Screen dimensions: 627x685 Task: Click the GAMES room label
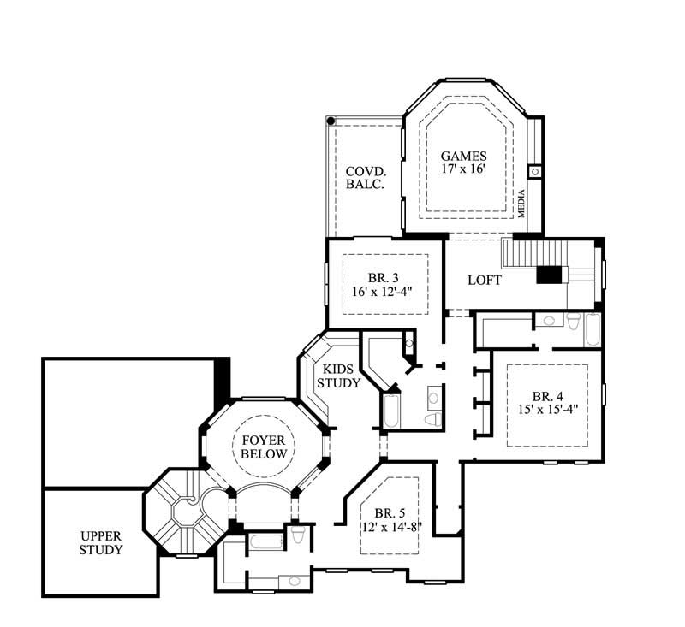click(463, 157)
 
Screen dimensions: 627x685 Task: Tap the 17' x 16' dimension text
click(463, 169)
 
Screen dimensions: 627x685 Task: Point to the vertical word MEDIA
click(521, 204)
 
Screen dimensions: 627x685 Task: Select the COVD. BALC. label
click(364, 178)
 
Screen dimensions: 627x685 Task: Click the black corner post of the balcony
click(331, 121)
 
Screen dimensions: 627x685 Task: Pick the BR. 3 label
click(383, 276)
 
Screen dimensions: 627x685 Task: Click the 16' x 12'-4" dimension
click(383, 290)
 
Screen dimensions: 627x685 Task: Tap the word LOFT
click(484, 281)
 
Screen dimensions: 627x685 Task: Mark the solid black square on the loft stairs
click(548, 275)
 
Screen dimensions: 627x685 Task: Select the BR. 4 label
click(546, 396)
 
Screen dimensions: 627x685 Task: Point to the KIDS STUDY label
click(338, 377)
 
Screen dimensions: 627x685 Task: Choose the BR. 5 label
click(389, 513)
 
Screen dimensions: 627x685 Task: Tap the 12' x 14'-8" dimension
click(389, 527)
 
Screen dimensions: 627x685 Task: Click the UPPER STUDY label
click(101, 543)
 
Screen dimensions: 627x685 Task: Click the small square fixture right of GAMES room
click(535, 171)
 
